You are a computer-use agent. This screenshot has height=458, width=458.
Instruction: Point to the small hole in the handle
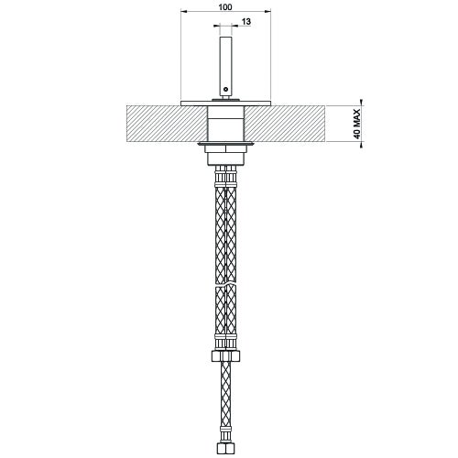point(224,89)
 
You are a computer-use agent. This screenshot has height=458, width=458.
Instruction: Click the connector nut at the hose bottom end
point(224,450)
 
